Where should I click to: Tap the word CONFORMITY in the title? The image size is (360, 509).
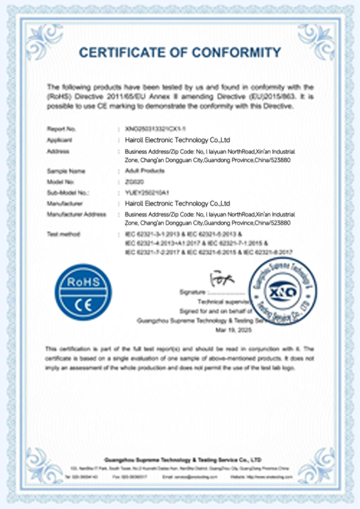point(236,53)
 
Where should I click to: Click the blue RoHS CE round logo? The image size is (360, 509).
point(83,292)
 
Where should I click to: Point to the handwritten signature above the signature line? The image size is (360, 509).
point(222,279)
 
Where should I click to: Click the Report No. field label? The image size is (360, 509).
point(61,129)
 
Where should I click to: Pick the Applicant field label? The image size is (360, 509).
point(59,140)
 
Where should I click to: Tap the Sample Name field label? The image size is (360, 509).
point(66,171)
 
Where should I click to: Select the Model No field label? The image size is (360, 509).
point(60,182)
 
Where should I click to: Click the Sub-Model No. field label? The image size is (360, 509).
point(68,193)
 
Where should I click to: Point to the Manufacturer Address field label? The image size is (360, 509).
point(76,215)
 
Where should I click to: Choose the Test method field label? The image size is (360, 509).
point(63,234)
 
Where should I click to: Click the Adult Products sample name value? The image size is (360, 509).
point(145,171)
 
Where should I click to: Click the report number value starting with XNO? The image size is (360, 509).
point(155,129)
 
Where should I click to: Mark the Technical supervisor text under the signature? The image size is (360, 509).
point(223,302)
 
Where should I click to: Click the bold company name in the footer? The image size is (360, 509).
point(183,460)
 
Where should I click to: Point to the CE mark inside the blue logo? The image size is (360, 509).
point(83,305)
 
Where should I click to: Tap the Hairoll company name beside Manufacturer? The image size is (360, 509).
point(177,204)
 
